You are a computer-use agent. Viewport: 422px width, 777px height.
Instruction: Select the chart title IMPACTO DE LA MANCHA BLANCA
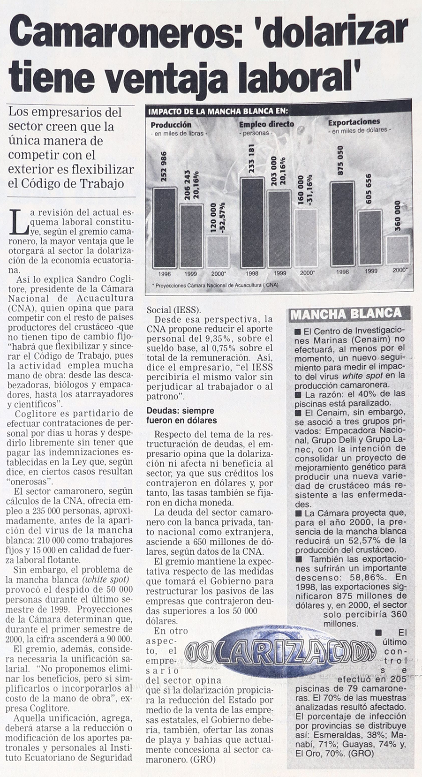point(218,112)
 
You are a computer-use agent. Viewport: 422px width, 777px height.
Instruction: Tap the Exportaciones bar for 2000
point(398,250)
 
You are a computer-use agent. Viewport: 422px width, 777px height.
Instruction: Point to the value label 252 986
point(164,169)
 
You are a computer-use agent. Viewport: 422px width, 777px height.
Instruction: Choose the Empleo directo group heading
point(266,124)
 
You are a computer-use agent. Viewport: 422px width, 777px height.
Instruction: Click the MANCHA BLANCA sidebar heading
point(346,314)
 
